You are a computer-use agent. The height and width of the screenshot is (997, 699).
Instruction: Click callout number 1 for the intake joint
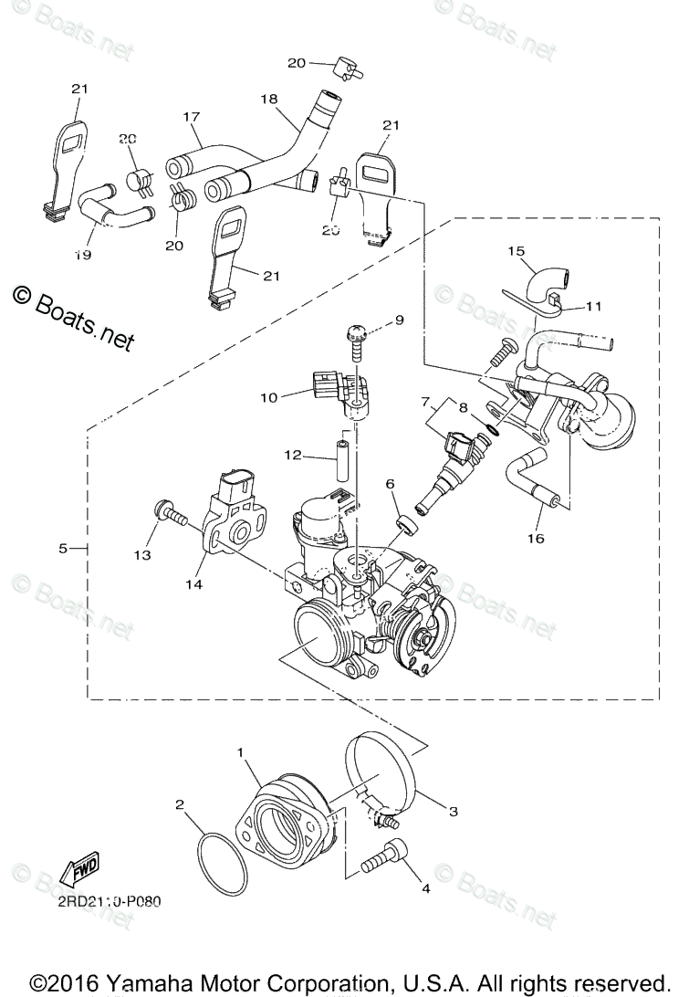[x=240, y=753]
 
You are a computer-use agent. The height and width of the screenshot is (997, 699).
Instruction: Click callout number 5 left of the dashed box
[x=63, y=549]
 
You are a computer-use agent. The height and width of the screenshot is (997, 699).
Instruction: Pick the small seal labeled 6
[x=402, y=527]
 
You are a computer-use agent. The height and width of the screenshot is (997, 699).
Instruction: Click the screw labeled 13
[x=171, y=520]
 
